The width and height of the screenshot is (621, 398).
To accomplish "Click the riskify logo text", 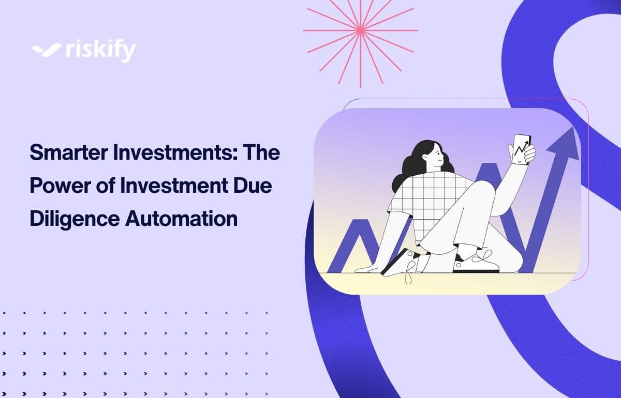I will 101,51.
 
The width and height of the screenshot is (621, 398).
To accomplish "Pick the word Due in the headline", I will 254,186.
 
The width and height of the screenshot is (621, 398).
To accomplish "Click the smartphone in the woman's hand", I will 521,149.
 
